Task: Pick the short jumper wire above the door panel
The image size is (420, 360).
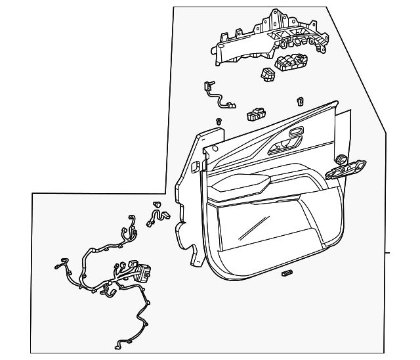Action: [x=218, y=96]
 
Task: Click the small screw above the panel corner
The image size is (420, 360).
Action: [x=219, y=121]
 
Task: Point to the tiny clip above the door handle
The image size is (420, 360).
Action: [x=300, y=101]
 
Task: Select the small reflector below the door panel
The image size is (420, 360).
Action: [x=286, y=272]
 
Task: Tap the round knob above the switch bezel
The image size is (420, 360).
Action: [x=341, y=158]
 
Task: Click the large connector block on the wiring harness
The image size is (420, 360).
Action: [x=140, y=271]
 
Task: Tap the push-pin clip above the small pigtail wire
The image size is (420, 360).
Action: [x=157, y=204]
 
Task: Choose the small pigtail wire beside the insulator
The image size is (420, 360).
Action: [x=159, y=216]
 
